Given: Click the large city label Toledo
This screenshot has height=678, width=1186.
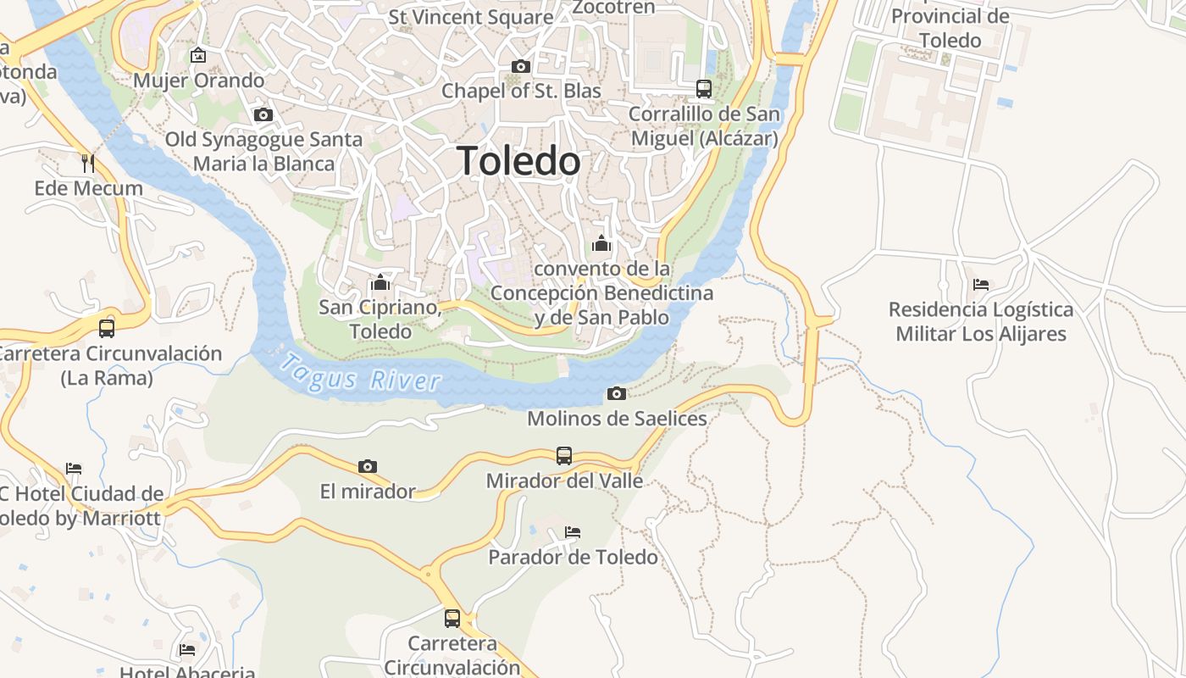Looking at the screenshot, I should coord(519,161).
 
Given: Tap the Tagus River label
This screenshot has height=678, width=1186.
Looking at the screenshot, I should coord(360,373).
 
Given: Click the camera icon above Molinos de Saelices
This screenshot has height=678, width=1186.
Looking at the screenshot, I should coord(617,393).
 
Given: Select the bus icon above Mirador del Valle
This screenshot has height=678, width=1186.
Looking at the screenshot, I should coord(564,456).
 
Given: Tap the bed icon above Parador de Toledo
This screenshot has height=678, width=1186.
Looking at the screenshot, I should coord(573,532).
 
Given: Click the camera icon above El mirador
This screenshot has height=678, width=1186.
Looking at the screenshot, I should coord(367,466).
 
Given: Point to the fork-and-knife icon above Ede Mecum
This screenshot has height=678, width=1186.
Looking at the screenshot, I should coord(88,163).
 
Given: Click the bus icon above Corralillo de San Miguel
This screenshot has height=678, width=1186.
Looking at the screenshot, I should coord(704,88).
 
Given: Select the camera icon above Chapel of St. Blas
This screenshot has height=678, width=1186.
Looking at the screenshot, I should coord(521,66).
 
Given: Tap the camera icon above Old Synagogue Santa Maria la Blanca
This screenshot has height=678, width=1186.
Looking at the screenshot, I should coord(263,114).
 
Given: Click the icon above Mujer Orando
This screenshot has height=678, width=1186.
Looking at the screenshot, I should coord(198,56).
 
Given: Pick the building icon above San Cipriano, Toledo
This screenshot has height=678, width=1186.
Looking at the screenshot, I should coord(380,282).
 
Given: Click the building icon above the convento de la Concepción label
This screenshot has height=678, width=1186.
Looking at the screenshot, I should coord(601,244).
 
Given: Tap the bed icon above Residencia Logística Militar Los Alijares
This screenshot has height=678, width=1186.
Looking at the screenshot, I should coord(981,285).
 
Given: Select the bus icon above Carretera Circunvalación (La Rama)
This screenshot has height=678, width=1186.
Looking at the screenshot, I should coord(107,328).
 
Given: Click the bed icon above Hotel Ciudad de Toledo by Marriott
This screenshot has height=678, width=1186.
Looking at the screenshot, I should coord(74,469).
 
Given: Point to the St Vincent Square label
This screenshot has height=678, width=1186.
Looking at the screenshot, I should coord(471,17).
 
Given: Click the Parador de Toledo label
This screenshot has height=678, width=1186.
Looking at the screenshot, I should coord(573,557).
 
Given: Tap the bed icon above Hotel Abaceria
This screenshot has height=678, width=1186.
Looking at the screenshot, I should coord(187,650).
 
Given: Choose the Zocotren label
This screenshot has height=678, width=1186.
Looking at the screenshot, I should coord(614,8).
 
